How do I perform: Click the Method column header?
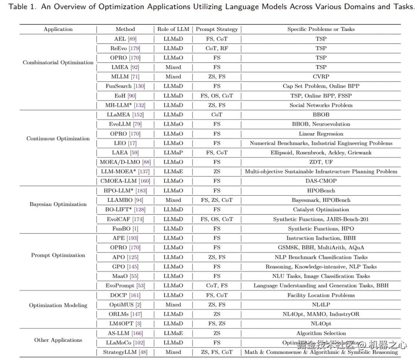(x=125, y=29)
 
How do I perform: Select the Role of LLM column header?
(x=173, y=29)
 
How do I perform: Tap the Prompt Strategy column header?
(x=217, y=29)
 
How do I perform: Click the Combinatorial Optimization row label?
(x=58, y=63)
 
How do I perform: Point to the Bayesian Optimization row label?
(x=58, y=204)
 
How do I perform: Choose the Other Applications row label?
(x=58, y=340)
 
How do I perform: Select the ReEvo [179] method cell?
(x=125, y=48)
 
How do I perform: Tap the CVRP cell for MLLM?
(x=321, y=76)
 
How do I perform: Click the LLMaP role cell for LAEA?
(x=173, y=152)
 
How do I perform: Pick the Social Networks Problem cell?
(x=321, y=105)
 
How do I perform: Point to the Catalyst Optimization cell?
(x=321, y=210)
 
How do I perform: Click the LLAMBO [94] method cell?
(x=125, y=200)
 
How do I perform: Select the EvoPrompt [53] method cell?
(x=125, y=286)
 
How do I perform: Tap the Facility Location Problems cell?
(x=321, y=295)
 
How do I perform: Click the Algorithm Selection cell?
(x=321, y=333)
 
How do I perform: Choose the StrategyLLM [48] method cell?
(x=125, y=352)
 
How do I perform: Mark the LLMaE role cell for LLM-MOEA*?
(x=173, y=171)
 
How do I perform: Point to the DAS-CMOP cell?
(x=321, y=181)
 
